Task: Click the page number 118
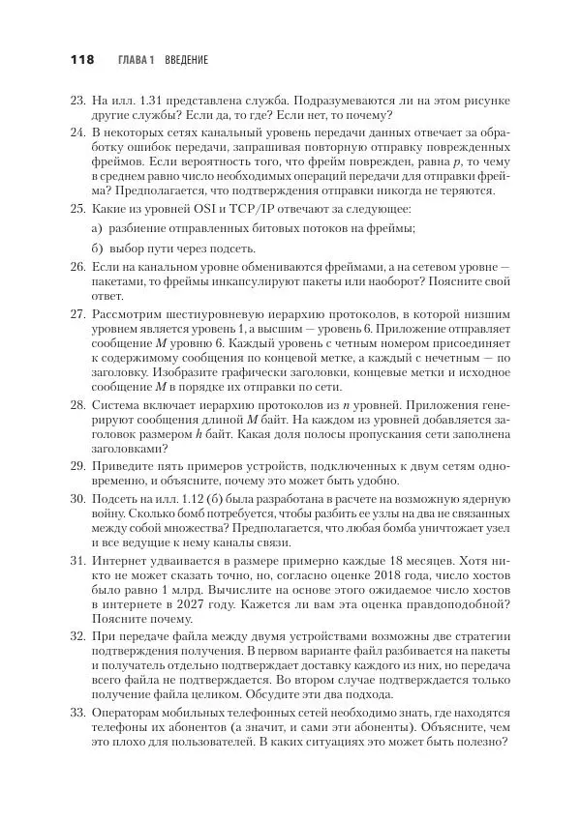tap(80, 60)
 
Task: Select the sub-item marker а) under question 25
tap(97, 228)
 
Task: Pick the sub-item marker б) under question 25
tap(97, 249)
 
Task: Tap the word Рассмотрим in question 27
tap(129, 315)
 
